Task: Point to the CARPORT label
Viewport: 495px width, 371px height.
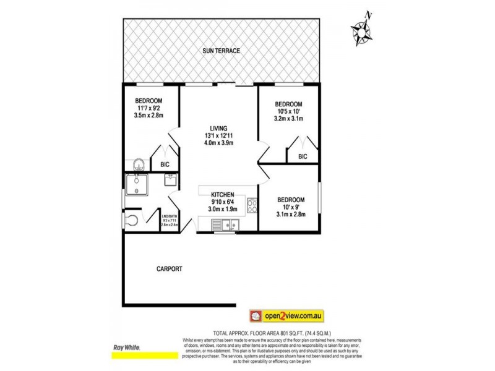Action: coord(168,268)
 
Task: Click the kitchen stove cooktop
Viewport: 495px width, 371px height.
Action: coord(252,206)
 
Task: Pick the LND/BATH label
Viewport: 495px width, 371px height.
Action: coord(169,216)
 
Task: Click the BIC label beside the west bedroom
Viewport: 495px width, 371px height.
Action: coord(165,164)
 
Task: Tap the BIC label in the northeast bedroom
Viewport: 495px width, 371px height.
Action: coord(303,157)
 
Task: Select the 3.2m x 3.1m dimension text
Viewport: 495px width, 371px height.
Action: coord(288,119)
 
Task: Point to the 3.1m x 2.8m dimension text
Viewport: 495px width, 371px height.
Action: coord(290,215)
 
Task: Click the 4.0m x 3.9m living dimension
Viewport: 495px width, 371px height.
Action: coord(218,144)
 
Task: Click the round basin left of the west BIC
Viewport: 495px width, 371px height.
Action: coord(140,164)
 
